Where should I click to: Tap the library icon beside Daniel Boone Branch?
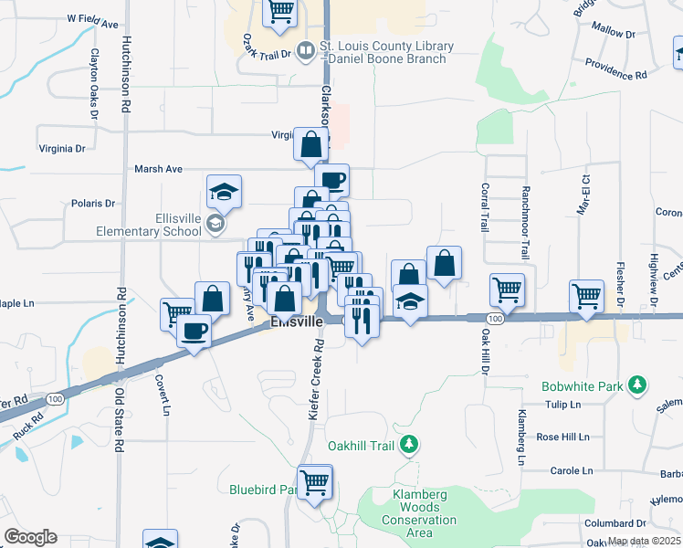click(308, 53)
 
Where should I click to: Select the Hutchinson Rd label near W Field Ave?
click(125, 73)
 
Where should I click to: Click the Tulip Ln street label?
click(562, 405)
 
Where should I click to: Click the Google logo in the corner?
click(30, 537)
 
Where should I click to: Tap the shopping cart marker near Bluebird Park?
click(315, 481)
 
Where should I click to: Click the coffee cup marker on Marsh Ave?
click(331, 180)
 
